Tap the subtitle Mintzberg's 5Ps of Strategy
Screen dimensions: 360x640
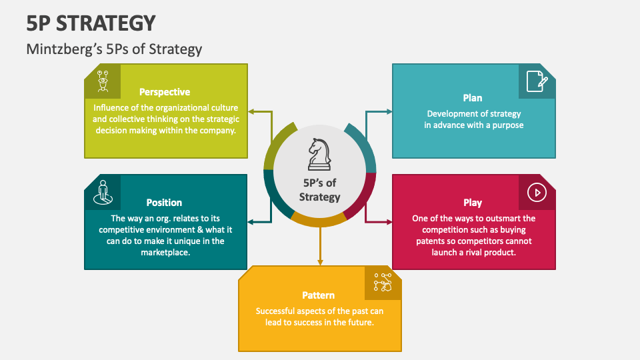click(x=114, y=49)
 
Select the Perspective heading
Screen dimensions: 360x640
click(x=165, y=92)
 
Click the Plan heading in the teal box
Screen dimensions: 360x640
click(x=473, y=98)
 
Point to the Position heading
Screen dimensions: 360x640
click(x=164, y=202)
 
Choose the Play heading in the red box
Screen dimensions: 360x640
click(x=473, y=202)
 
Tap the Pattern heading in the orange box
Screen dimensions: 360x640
click(x=318, y=295)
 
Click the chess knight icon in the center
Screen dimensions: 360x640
click(x=319, y=154)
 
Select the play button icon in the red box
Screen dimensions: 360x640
click(x=537, y=193)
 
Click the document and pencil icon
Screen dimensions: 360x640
click(x=537, y=81)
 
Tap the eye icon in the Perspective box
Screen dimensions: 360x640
click(x=103, y=81)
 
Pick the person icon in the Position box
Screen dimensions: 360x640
click(x=103, y=192)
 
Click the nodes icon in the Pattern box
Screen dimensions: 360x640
click(x=383, y=283)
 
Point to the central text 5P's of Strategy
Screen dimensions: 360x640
click(x=319, y=190)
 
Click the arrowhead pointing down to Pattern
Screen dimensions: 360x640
click(x=320, y=261)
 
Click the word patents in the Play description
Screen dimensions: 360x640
click(x=435, y=241)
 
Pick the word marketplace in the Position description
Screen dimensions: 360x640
click(x=166, y=253)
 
